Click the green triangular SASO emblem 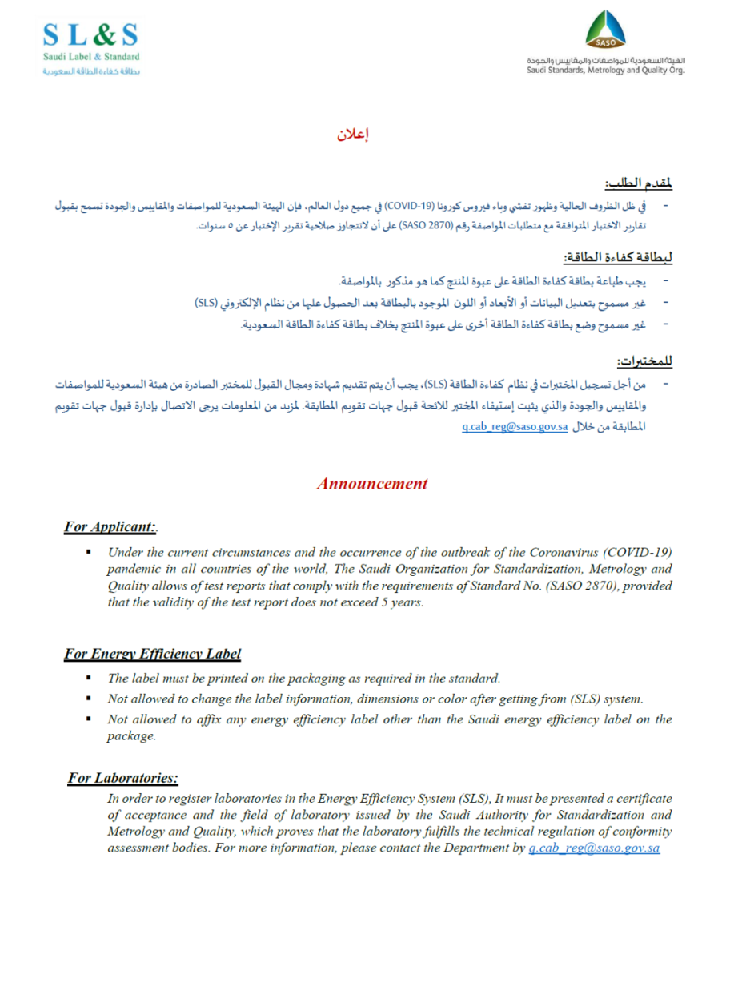click(x=606, y=31)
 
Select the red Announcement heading click(x=371, y=484)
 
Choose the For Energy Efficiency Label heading click(x=152, y=654)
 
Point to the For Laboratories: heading click(x=122, y=778)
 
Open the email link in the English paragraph click(x=594, y=848)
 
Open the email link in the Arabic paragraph click(x=515, y=428)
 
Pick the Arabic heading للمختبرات click(x=644, y=362)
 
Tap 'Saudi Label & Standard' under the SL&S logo click(x=90, y=57)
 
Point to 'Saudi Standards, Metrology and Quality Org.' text click(x=606, y=69)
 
